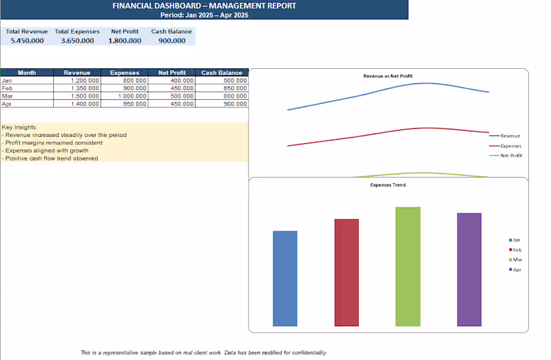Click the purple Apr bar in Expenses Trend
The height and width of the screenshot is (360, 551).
click(469, 269)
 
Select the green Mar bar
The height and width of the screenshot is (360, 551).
click(408, 266)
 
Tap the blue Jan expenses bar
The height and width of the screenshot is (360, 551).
click(285, 279)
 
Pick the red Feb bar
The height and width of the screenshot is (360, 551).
click(346, 273)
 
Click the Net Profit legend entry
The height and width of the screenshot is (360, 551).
click(506, 156)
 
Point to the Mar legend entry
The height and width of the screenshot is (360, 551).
click(515, 260)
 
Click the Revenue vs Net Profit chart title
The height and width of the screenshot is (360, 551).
click(388, 76)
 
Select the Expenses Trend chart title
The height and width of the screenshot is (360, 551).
click(388, 184)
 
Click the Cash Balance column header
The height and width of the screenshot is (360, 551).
click(222, 73)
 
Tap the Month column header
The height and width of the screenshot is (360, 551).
click(27, 73)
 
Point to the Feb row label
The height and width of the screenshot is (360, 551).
click(7, 88)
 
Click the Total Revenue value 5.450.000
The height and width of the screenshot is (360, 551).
click(27, 41)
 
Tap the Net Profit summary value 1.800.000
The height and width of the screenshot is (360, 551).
click(125, 41)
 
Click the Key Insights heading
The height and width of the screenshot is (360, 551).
click(19, 127)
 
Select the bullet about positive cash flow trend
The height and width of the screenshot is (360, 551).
click(50, 158)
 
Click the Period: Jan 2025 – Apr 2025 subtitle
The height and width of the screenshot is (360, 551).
click(204, 15)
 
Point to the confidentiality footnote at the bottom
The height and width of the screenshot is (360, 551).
click(204, 352)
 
